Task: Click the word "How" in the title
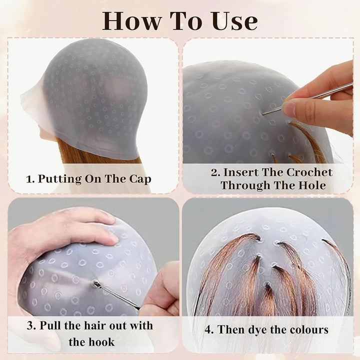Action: point(131,20)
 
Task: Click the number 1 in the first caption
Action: point(29,178)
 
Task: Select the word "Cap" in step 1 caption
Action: point(139,178)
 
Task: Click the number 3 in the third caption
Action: point(29,326)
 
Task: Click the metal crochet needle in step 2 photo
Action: point(310,97)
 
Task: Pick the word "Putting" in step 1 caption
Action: point(59,178)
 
